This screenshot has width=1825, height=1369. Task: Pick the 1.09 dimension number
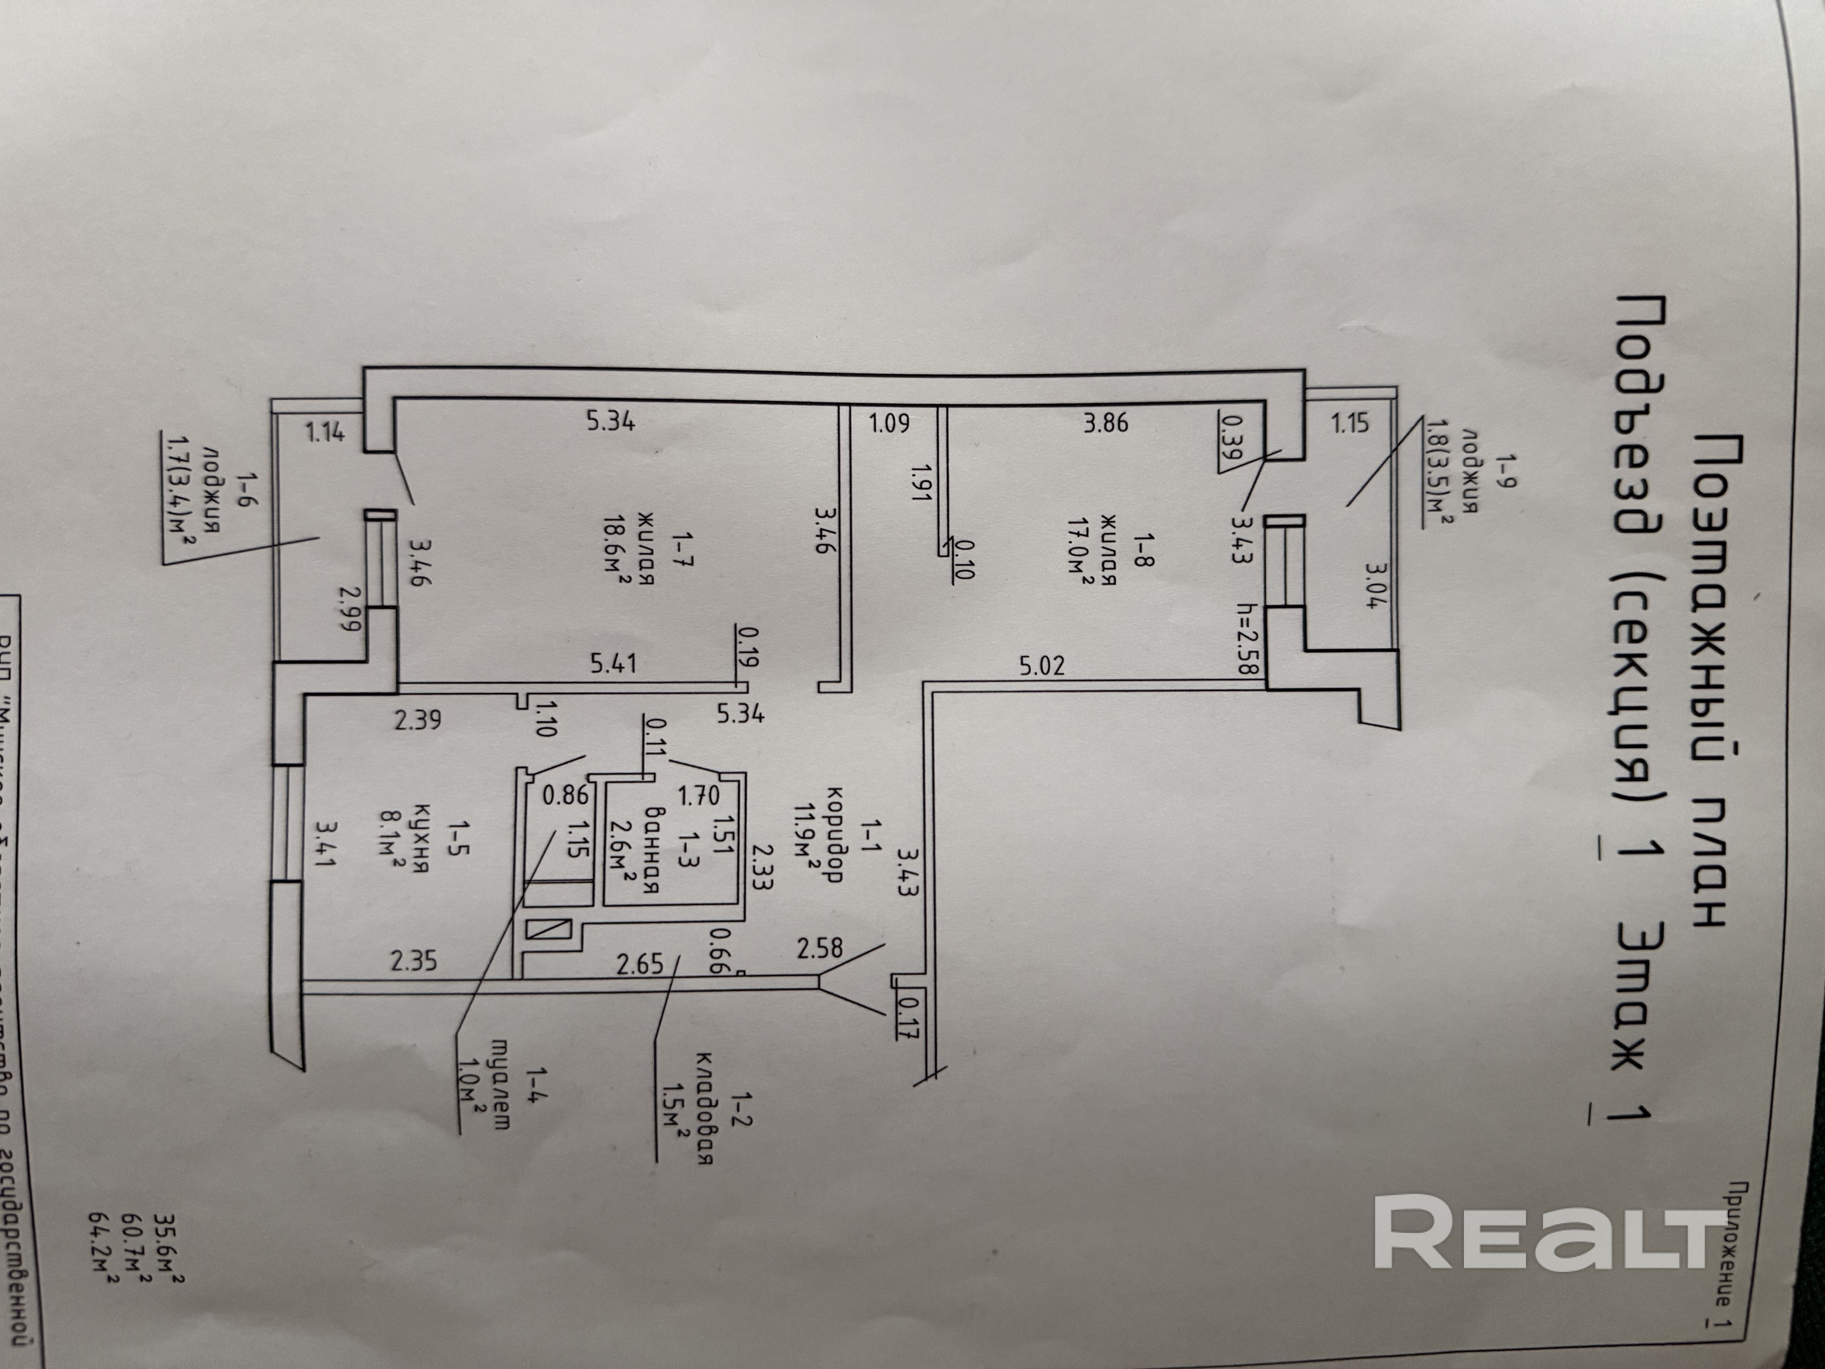pyautogui.click(x=889, y=423)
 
